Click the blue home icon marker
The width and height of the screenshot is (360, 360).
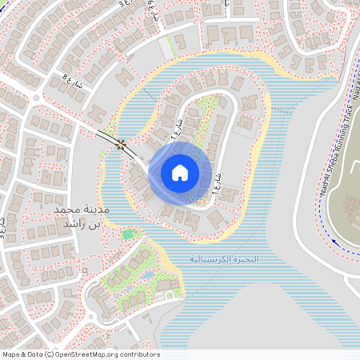[x=180, y=173]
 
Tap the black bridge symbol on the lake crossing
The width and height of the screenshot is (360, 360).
[x=122, y=144]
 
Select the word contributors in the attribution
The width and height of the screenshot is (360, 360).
[x=136, y=354]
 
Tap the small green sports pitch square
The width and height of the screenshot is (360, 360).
[x=128, y=234]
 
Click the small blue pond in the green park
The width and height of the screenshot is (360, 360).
[x=147, y=275]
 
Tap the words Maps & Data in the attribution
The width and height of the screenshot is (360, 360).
[x=21, y=354]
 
